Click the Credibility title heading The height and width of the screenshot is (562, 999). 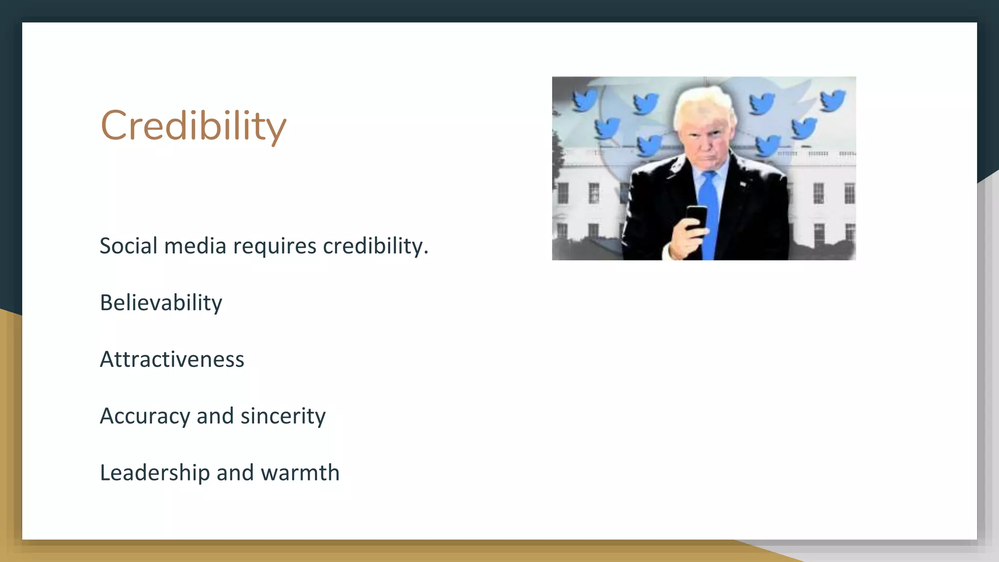(193, 125)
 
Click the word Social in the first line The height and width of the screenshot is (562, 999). (128, 245)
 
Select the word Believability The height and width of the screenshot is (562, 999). (161, 303)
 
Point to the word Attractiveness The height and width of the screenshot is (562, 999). (172, 360)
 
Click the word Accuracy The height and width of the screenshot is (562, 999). (144, 417)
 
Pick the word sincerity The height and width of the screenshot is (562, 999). (283, 416)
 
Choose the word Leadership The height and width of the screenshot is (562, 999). (155, 473)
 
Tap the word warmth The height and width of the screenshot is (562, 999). (300, 473)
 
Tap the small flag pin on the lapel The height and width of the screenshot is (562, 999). (742, 184)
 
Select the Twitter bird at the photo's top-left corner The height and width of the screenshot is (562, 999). (584, 100)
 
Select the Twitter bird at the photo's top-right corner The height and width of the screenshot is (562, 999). (832, 100)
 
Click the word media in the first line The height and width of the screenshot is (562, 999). (195, 245)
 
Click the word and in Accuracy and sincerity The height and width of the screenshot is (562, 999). (215, 416)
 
